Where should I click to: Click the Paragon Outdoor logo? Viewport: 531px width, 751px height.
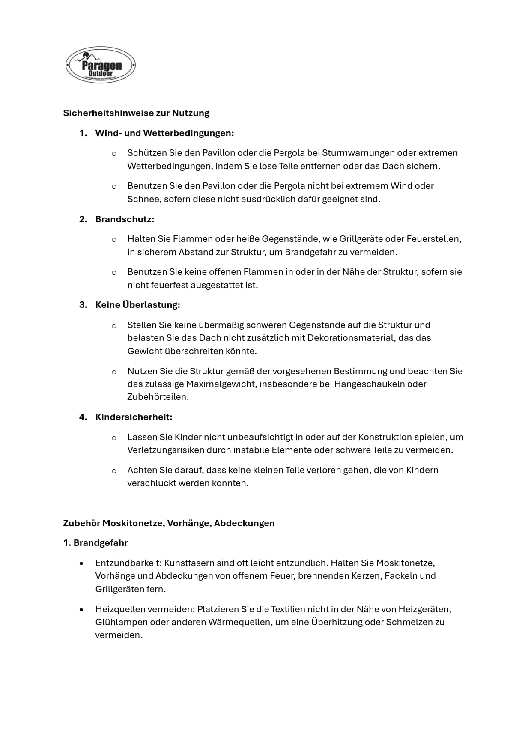pos(101,65)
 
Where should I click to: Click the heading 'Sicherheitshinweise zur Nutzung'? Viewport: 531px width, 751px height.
pos(136,113)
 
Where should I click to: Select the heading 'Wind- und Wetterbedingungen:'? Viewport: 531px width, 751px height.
pos(164,133)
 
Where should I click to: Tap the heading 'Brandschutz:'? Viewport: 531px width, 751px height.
pos(125,219)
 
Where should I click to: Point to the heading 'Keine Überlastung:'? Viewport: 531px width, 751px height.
pos(137,305)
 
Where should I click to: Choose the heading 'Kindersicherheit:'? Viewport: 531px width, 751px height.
pos(134,417)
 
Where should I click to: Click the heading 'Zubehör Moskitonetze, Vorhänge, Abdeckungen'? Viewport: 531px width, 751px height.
pos(169,523)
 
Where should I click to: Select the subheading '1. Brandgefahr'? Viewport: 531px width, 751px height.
pos(95,543)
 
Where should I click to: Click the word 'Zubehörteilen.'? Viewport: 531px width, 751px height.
pos(158,397)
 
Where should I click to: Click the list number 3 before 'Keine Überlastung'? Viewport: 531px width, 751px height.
pos(83,305)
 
